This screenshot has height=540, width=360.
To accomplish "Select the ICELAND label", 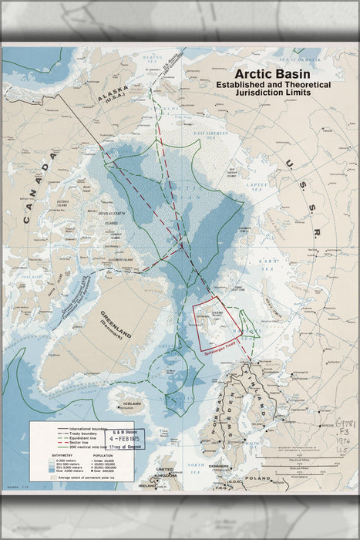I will [132, 403].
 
